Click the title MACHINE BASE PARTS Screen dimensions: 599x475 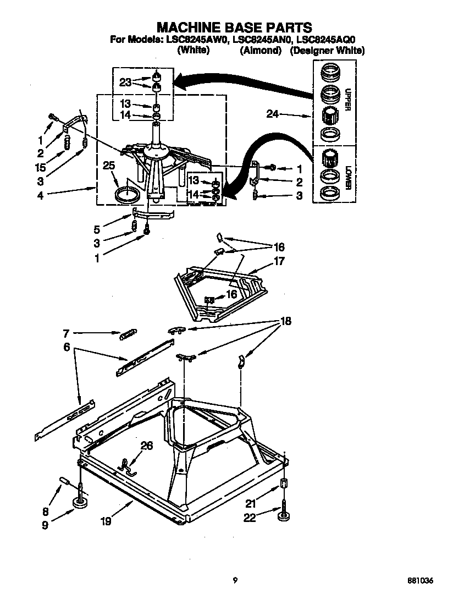click(x=235, y=26)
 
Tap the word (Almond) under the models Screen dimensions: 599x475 click(x=261, y=50)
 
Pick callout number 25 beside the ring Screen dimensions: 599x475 click(x=109, y=165)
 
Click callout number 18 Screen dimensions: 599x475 click(x=286, y=321)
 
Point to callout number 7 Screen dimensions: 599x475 click(x=65, y=333)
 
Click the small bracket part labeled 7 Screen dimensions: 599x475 click(x=128, y=333)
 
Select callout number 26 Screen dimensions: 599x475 click(x=147, y=446)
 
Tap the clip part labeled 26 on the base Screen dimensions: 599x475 click(x=128, y=465)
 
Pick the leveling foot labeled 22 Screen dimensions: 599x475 click(x=284, y=516)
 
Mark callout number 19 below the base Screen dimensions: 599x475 click(x=106, y=520)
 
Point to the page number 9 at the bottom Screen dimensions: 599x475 click(x=235, y=580)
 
